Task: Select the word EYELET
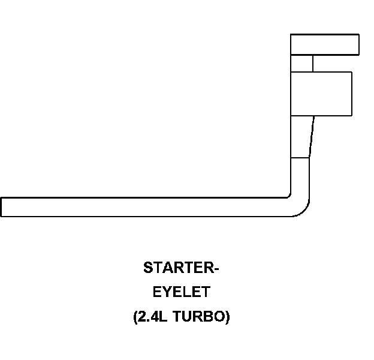[x=181, y=292]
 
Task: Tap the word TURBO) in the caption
[x=201, y=317]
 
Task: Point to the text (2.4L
[x=151, y=317]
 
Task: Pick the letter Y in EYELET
[x=167, y=292]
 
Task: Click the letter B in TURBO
[x=207, y=317]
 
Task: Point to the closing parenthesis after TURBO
[x=227, y=317]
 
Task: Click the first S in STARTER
[x=147, y=268]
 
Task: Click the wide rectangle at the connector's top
[x=324, y=44]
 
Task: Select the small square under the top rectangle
[x=301, y=63]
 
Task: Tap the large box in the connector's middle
[x=321, y=94]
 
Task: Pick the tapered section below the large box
[x=301, y=137]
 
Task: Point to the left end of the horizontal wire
[x=3, y=206]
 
